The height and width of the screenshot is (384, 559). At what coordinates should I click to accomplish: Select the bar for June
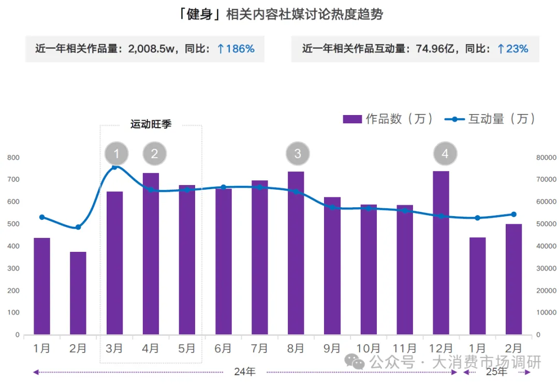pyautogui.click(x=224, y=262)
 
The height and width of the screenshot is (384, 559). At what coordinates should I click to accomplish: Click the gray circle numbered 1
pyautogui.click(x=116, y=153)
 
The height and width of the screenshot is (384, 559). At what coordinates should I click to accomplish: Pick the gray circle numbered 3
pyautogui.click(x=298, y=153)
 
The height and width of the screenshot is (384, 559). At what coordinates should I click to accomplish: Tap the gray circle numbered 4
pyautogui.click(x=446, y=153)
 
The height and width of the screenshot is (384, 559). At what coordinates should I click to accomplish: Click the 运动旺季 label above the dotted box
pyautogui.click(x=151, y=124)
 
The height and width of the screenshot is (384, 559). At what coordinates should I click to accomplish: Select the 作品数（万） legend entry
pyautogui.click(x=388, y=119)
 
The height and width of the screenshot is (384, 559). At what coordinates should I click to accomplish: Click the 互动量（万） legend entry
pyautogui.click(x=490, y=119)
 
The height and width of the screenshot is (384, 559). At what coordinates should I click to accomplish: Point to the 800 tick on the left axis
pyautogui.click(x=13, y=157)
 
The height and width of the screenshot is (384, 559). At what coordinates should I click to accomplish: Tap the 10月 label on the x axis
pyautogui.click(x=368, y=348)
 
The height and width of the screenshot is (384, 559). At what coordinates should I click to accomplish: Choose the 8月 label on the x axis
pyautogui.click(x=296, y=348)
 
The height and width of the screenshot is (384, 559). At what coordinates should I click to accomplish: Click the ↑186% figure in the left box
pyautogui.click(x=236, y=49)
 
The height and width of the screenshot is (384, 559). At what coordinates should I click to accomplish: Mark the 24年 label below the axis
pyautogui.click(x=245, y=372)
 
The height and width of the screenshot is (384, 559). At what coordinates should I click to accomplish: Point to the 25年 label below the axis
pyautogui.click(x=497, y=372)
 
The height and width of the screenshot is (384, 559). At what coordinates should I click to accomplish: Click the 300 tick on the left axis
pyautogui.click(x=13, y=268)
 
